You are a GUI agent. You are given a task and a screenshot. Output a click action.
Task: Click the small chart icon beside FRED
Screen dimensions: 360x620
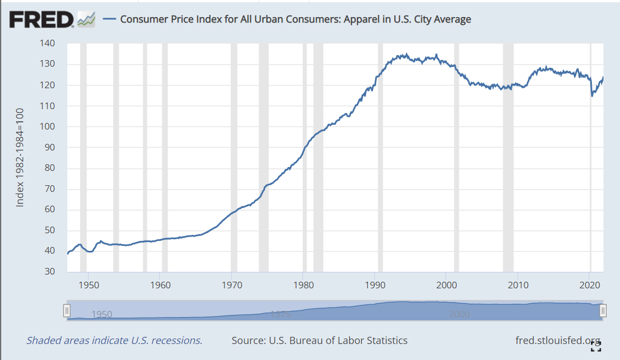(x=86, y=20)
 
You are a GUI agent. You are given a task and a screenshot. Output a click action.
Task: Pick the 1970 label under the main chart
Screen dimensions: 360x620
(x=232, y=285)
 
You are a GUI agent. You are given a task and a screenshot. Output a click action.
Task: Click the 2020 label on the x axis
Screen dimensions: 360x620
(x=590, y=285)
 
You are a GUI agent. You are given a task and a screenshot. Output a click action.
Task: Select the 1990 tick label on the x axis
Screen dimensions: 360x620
(x=375, y=285)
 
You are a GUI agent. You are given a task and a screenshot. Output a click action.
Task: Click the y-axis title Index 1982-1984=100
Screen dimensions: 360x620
(x=20, y=158)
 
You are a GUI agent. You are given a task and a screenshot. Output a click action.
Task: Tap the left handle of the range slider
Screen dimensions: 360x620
(x=67, y=311)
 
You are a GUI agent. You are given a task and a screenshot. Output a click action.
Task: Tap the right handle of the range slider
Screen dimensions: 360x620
(x=603, y=311)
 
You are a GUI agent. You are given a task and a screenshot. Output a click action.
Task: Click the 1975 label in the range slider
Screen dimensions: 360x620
(x=281, y=315)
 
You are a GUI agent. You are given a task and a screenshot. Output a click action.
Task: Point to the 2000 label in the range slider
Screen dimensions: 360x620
(x=459, y=315)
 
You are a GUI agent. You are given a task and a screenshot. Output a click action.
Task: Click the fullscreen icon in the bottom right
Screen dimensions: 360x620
(x=595, y=346)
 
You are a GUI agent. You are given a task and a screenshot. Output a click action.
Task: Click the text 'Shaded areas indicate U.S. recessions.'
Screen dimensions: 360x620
(x=114, y=340)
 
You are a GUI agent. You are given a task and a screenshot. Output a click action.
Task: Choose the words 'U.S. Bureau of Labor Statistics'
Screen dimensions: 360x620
(x=338, y=340)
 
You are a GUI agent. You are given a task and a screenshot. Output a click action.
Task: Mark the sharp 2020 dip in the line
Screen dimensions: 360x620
(x=592, y=95)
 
